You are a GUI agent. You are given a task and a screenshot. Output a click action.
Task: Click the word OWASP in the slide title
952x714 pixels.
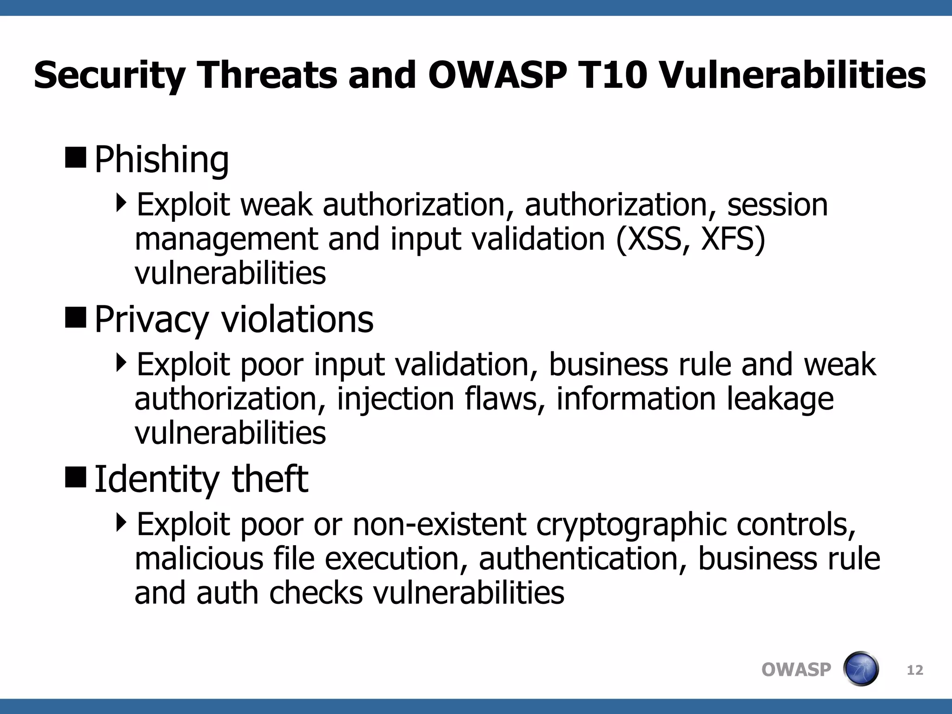pyautogui.click(x=497, y=75)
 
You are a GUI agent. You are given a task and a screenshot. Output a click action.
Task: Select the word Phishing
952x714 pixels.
pyautogui.click(x=161, y=160)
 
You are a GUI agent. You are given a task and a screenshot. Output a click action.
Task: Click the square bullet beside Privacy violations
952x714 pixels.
pyautogui.click(x=76, y=317)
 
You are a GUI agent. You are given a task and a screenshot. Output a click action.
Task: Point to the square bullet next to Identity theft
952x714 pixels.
pyautogui.click(x=76, y=477)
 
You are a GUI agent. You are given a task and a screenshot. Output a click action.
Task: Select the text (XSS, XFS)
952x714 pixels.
pyautogui.click(x=691, y=239)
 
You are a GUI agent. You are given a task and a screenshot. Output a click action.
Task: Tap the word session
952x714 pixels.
pyautogui.click(x=777, y=205)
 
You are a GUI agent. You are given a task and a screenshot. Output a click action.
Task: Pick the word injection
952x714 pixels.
pyautogui.click(x=395, y=399)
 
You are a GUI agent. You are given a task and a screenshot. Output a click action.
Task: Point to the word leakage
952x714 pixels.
pyautogui.click(x=780, y=399)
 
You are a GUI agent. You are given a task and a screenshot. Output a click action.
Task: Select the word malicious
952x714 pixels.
pyautogui.click(x=199, y=559)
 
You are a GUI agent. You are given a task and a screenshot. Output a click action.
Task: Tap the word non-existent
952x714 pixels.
pyautogui.click(x=439, y=524)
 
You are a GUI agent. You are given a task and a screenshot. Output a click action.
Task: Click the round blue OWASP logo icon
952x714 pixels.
pyautogui.click(x=860, y=669)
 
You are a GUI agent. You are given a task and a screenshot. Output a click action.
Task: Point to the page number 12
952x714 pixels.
pyautogui.click(x=915, y=670)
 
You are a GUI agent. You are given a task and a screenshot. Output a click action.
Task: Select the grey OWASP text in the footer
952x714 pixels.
pyautogui.click(x=796, y=670)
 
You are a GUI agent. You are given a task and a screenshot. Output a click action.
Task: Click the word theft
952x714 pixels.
pyautogui.click(x=270, y=479)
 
